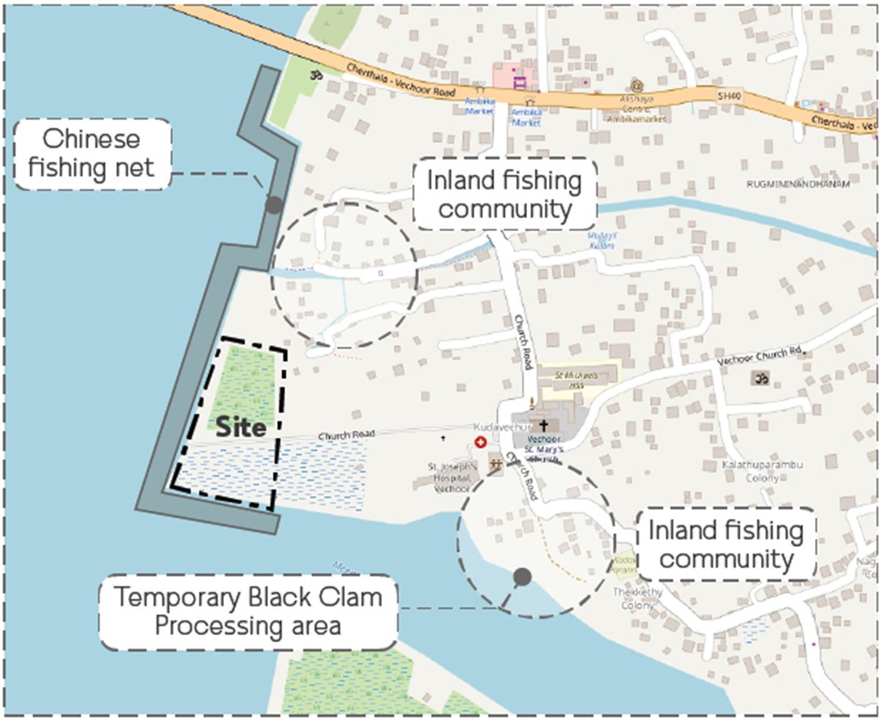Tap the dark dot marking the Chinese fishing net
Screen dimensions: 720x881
[x=273, y=206]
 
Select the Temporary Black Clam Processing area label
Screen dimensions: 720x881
[x=248, y=611]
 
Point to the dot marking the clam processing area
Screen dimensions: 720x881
[x=522, y=577]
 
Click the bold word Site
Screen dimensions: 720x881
[x=240, y=428]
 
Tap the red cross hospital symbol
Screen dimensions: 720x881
[x=481, y=442]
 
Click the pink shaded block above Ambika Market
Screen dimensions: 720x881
[x=514, y=76]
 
